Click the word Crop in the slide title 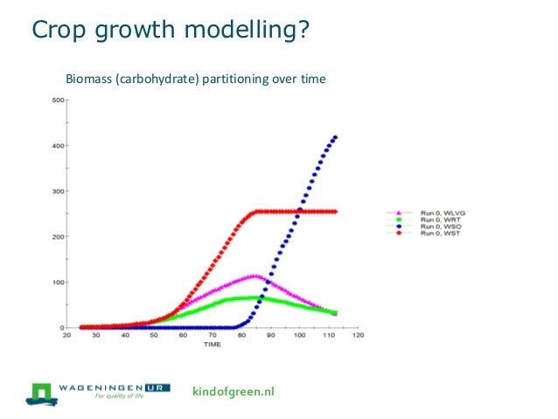coord(57,31)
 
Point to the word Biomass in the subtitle coord(90,80)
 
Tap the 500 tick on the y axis coord(57,100)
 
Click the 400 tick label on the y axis coord(57,145)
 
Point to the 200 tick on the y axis coord(57,237)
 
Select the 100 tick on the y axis coord(57,283)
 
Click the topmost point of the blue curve coord(336,137)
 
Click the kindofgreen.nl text coord(233,391)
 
